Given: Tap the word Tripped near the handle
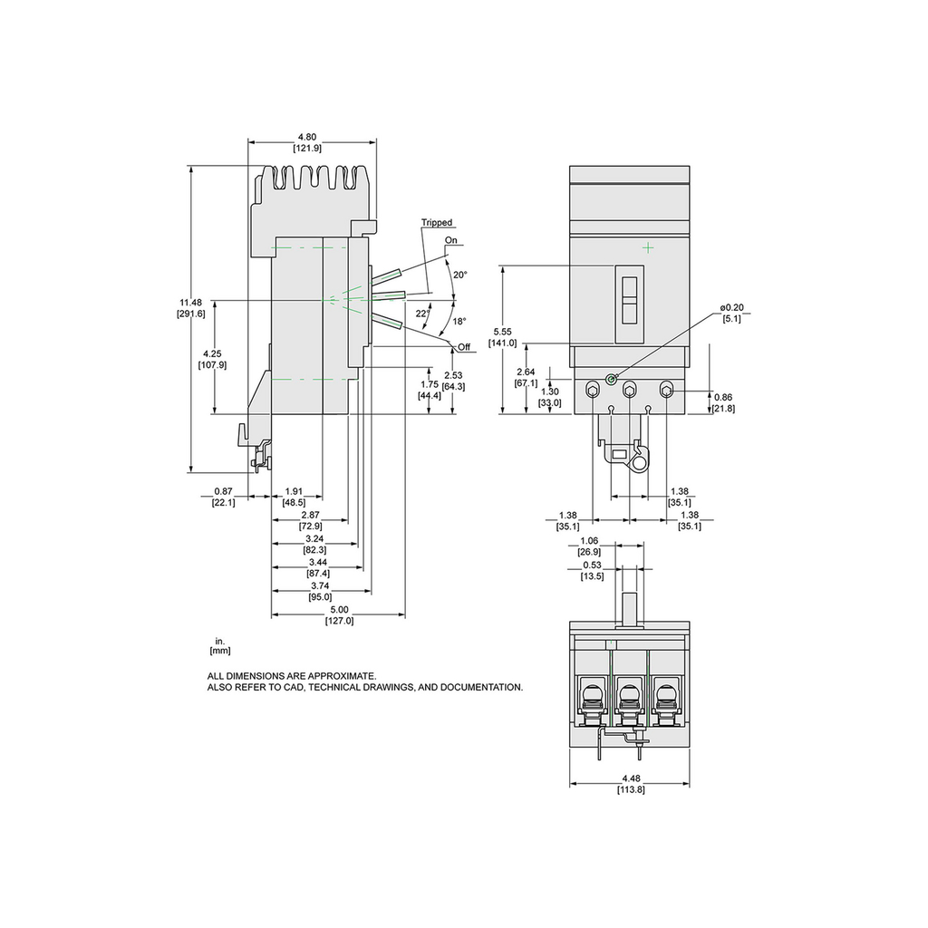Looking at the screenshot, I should pos(437,223).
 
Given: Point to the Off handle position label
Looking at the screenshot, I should pos(465,348).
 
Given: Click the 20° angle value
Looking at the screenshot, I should pos(459,275).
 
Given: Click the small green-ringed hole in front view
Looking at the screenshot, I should pos(612,379).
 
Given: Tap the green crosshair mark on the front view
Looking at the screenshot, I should pos(648,247).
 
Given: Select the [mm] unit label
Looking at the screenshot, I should pos(220,651).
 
